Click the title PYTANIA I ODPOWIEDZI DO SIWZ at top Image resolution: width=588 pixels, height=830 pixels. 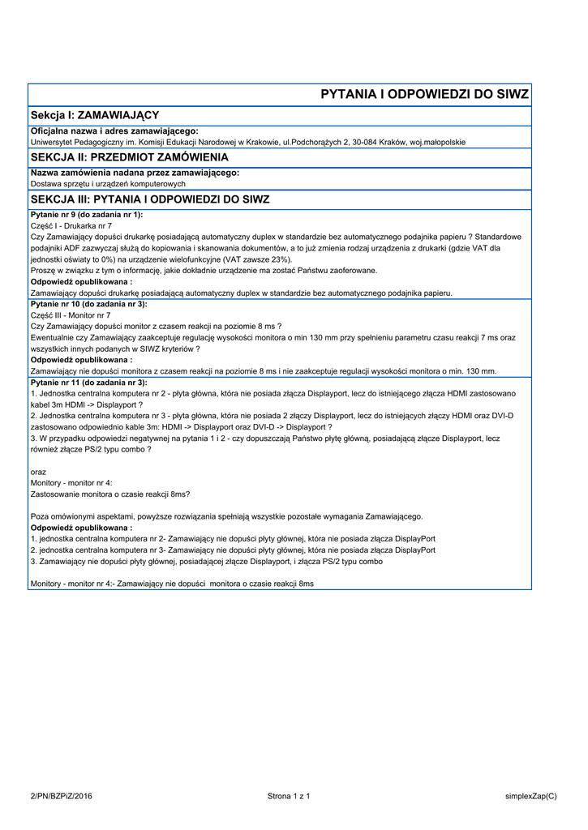424,94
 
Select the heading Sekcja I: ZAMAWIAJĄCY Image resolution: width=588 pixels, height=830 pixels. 94,115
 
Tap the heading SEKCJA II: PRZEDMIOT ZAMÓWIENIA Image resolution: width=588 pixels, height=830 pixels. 129,156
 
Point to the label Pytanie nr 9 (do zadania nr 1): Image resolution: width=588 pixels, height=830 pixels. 87,214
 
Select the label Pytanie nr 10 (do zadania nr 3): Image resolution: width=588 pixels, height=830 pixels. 89,303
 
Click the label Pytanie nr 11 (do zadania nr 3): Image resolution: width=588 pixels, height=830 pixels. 89,381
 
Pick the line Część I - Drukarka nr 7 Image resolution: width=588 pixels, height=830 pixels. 71,225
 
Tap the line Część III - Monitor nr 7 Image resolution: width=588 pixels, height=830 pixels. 71,314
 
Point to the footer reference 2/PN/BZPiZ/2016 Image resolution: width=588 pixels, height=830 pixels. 62,797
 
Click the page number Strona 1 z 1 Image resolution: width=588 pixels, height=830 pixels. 289,797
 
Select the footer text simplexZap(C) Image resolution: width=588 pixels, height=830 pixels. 530,797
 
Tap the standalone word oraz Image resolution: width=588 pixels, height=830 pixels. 38,471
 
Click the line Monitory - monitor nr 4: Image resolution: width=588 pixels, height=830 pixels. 71,482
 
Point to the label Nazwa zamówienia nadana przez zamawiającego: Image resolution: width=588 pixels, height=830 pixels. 135,173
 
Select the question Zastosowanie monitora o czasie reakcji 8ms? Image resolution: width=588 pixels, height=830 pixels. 109,494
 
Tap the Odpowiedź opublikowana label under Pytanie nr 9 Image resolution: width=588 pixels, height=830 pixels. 81,281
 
